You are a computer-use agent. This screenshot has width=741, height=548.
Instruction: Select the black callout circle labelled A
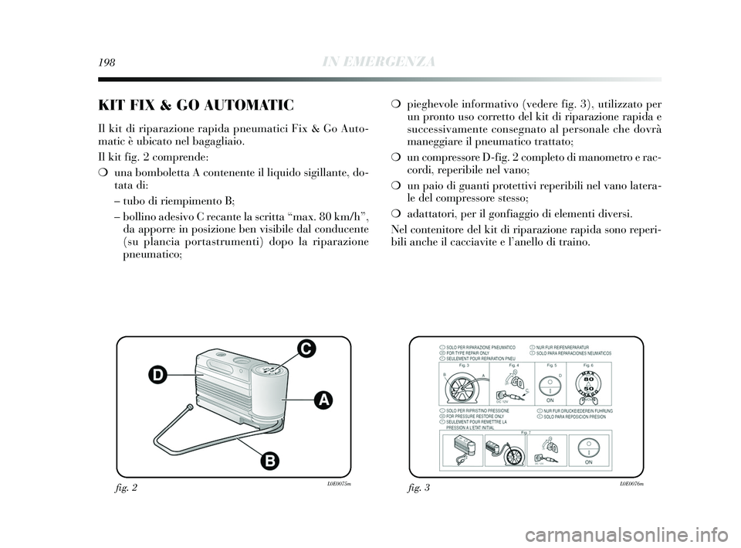(x=324, y=399)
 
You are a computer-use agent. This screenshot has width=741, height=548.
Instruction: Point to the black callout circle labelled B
(x=270, y=462)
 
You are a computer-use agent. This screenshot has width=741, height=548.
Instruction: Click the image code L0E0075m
(x=338, y=484)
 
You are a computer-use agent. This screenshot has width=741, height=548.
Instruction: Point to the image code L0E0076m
(x=631, y=484)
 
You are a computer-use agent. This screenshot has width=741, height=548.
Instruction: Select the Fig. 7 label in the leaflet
(x=527, y=434)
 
